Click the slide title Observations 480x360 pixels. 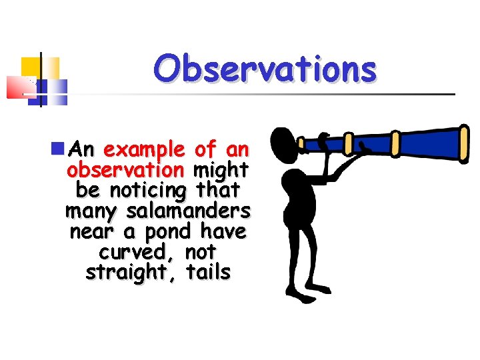(x=265, y=69)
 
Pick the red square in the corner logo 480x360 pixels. (x=20, y=87)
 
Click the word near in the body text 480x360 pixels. (x=91, y=232)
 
